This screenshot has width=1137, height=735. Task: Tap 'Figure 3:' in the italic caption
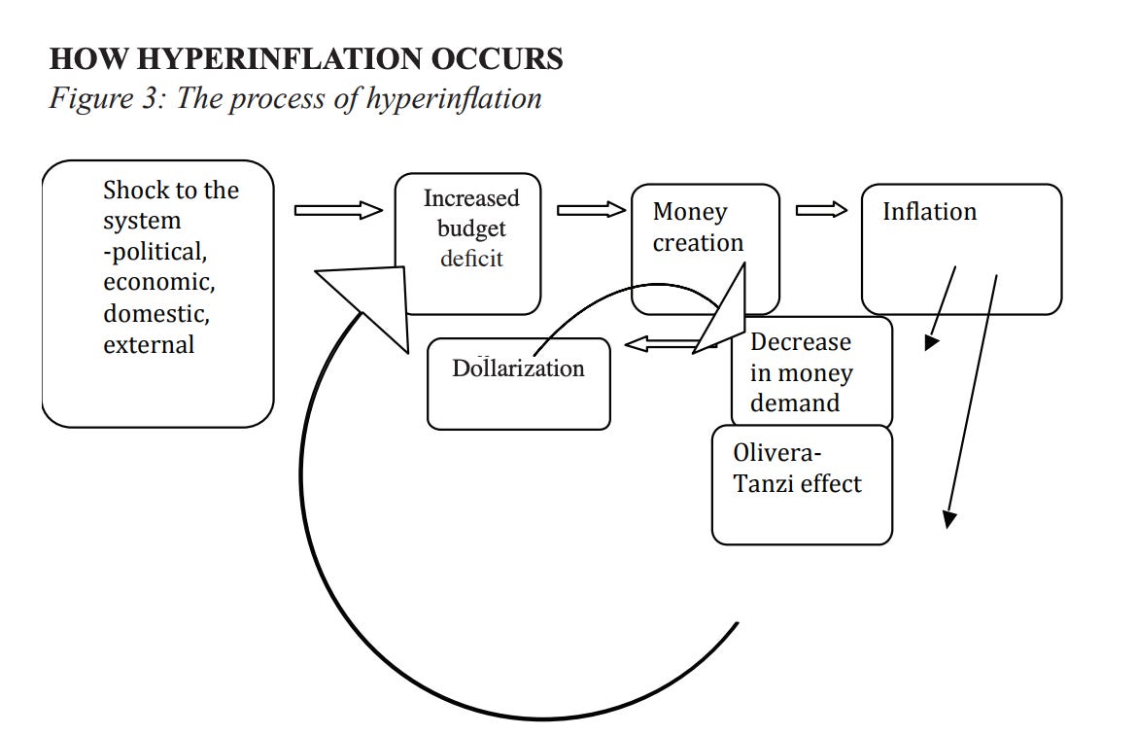[x=108, y=98]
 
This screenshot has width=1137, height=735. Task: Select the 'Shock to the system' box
[x=157, y=294]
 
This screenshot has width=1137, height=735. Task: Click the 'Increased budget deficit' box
[x=468, y=244]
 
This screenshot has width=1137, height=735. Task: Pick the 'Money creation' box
[x=705, y=250]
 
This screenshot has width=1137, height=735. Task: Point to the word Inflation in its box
[x=929, y=212]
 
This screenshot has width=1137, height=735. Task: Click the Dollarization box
[x=518, y=383]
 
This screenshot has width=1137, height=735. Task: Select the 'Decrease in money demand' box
[x=810, y=372]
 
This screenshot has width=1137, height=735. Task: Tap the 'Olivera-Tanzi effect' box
[x=802, y=484]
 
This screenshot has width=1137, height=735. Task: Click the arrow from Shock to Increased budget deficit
[x=338, y=210]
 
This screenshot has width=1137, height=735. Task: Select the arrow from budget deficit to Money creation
[x=591, y=210]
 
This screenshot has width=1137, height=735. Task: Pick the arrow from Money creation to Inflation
[x=821, y=210]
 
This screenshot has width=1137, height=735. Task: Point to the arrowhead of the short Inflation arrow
[x=932, y=342]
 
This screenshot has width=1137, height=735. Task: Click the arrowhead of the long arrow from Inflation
[x=949, y=519]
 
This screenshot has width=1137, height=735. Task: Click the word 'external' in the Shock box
[x=149, y=344]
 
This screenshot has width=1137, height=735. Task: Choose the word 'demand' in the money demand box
[x=794, y=403]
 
